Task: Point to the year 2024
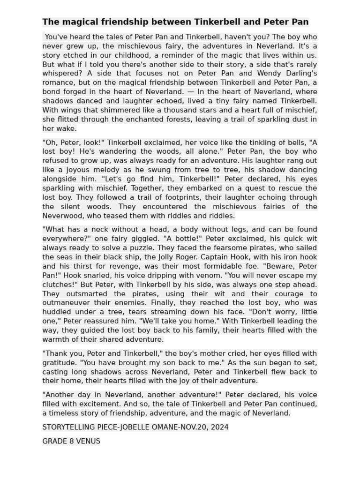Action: click(x=217, y=427)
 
